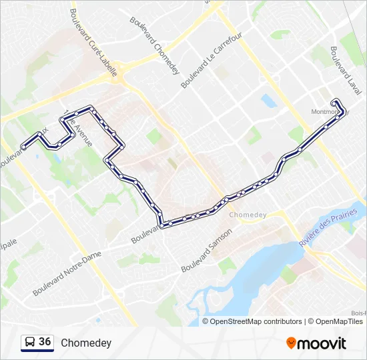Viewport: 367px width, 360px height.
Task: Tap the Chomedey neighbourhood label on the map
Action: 248,215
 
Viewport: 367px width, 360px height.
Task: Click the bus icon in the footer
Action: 29,343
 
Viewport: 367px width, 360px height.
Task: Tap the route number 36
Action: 45,342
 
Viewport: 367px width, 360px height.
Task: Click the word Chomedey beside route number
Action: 86,343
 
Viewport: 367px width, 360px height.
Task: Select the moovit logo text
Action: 322,343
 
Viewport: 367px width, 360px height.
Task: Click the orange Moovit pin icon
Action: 291,343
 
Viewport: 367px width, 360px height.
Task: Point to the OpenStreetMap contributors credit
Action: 256,321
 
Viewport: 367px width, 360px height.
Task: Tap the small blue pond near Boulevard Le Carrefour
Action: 269,101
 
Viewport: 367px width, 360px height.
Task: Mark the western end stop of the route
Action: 23,147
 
